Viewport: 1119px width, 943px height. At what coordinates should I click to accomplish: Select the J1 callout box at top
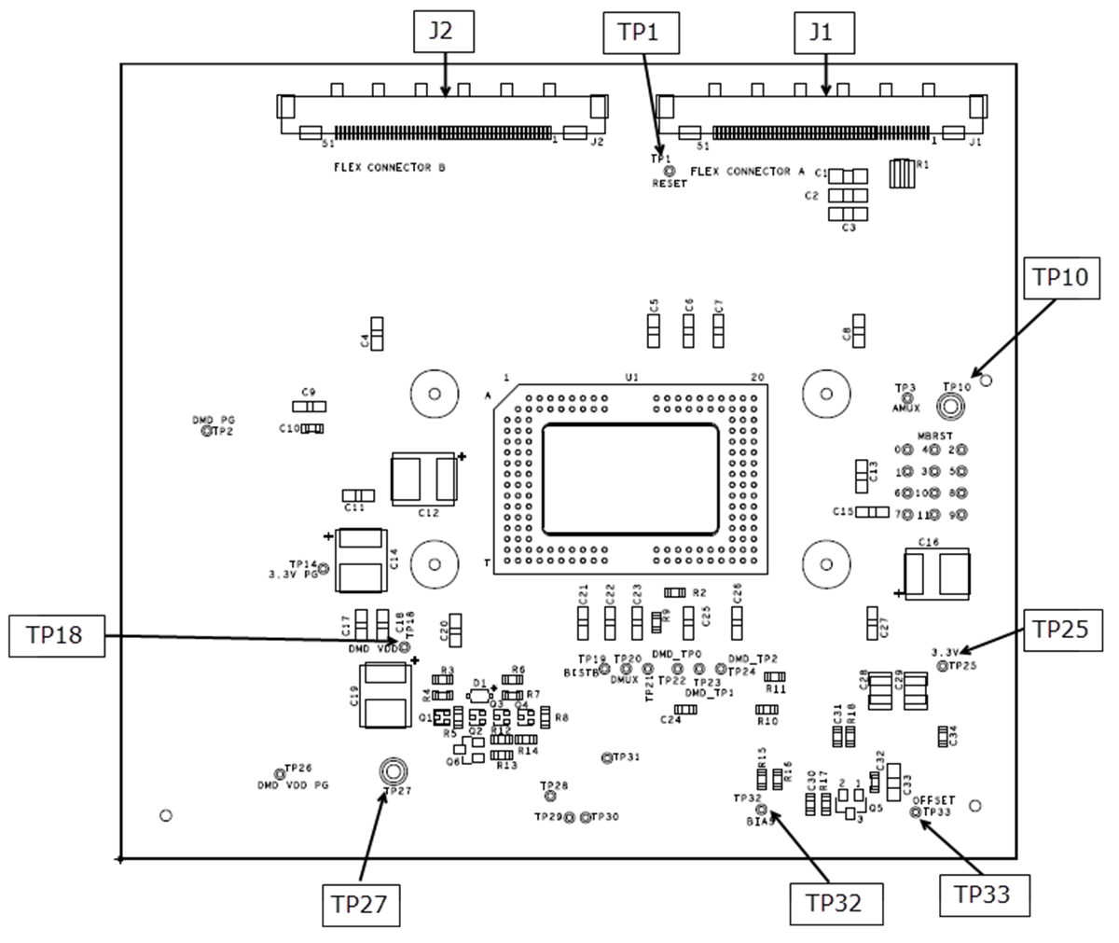point(820,31)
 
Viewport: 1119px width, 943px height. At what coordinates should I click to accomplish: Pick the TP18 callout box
point(56,636)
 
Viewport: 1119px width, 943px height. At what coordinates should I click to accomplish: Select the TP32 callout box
point(835,903)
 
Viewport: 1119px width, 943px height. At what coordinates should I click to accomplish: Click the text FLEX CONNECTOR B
point(390,168)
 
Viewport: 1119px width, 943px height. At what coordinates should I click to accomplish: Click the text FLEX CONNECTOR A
point(747,172)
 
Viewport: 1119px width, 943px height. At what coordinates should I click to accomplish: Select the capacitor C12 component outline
point(425,478)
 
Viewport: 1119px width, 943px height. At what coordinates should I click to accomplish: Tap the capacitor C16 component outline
point(937,572)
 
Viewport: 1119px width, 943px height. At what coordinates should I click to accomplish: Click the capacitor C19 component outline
point(386,695)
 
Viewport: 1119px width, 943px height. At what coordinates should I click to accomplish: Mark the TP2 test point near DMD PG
point(207,432)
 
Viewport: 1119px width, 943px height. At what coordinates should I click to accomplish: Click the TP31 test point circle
point(607,757)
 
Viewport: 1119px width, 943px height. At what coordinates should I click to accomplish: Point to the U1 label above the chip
point(631,377)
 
